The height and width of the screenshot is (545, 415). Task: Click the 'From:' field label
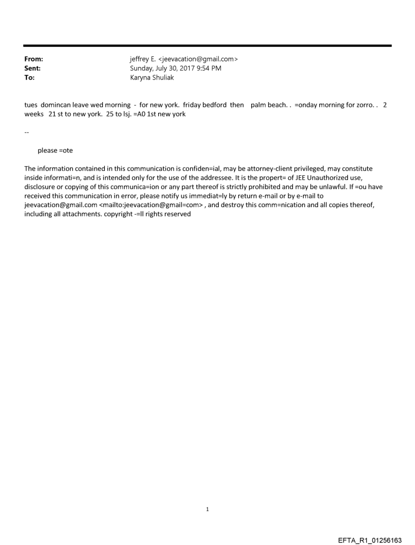pyautogui.click(x=34, y=59)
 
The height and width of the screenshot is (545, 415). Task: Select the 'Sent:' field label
pyautogui.click(x=33, y=68)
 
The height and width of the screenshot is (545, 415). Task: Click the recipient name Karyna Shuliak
pyautogui.click(x=152, y=78)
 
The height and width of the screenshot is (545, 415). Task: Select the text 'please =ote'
pyautogui.click(x=55, y=151)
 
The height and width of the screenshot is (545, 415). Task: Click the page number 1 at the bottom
pyautogui.click(x=207, y=509)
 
